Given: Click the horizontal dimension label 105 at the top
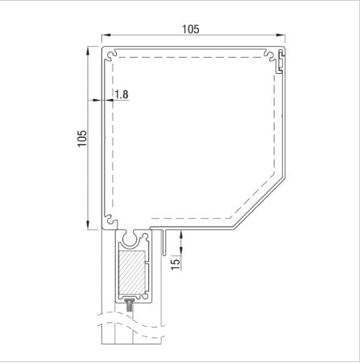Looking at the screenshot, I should click(x=189, y=28).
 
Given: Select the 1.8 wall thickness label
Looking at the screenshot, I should click(x=122, y=94).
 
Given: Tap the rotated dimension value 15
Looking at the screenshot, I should click(x=175, y=262).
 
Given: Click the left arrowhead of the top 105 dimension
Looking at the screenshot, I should click(x=102, y=37).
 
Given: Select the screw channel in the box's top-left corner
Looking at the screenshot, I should click(x=106, y=56).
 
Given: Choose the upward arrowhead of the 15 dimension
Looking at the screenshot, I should click(x=180, y=233).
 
